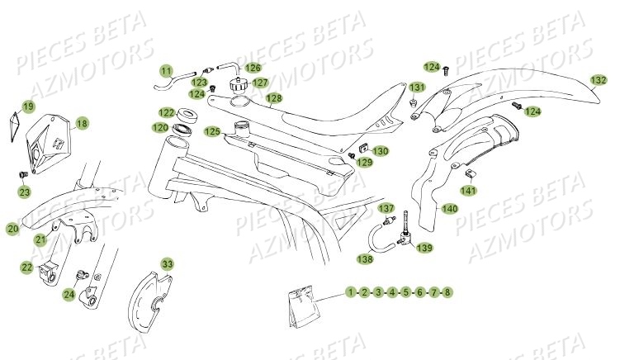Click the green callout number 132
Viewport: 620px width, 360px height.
tap(599, 80)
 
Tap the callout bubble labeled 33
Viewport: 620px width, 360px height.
tap(168, 264)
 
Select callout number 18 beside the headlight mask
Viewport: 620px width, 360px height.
tap(82, 125)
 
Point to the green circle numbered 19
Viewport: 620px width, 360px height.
tap(28, 107)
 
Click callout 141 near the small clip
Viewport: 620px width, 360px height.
tap(492, 191)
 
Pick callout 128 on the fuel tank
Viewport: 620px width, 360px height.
tap(273, 99)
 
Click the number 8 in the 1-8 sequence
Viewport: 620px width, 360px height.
tap(447, 292)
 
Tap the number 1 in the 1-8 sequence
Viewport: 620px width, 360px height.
tap(351, 292)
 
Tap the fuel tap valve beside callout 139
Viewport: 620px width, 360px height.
tap(405, 236)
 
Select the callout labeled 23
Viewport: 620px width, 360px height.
tap(25, 192)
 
